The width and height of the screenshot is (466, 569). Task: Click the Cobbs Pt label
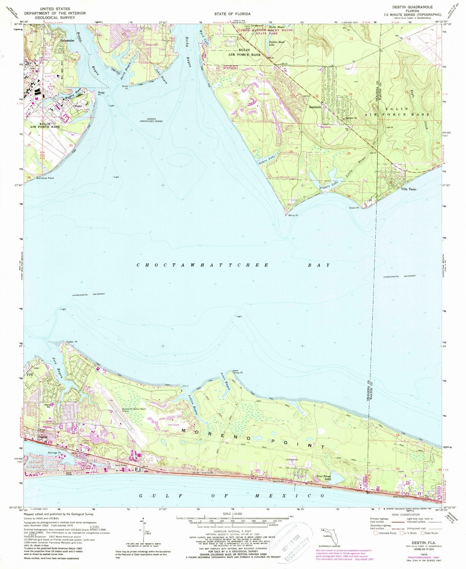point(72,342)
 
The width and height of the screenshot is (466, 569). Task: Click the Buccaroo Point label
point(45,178)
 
